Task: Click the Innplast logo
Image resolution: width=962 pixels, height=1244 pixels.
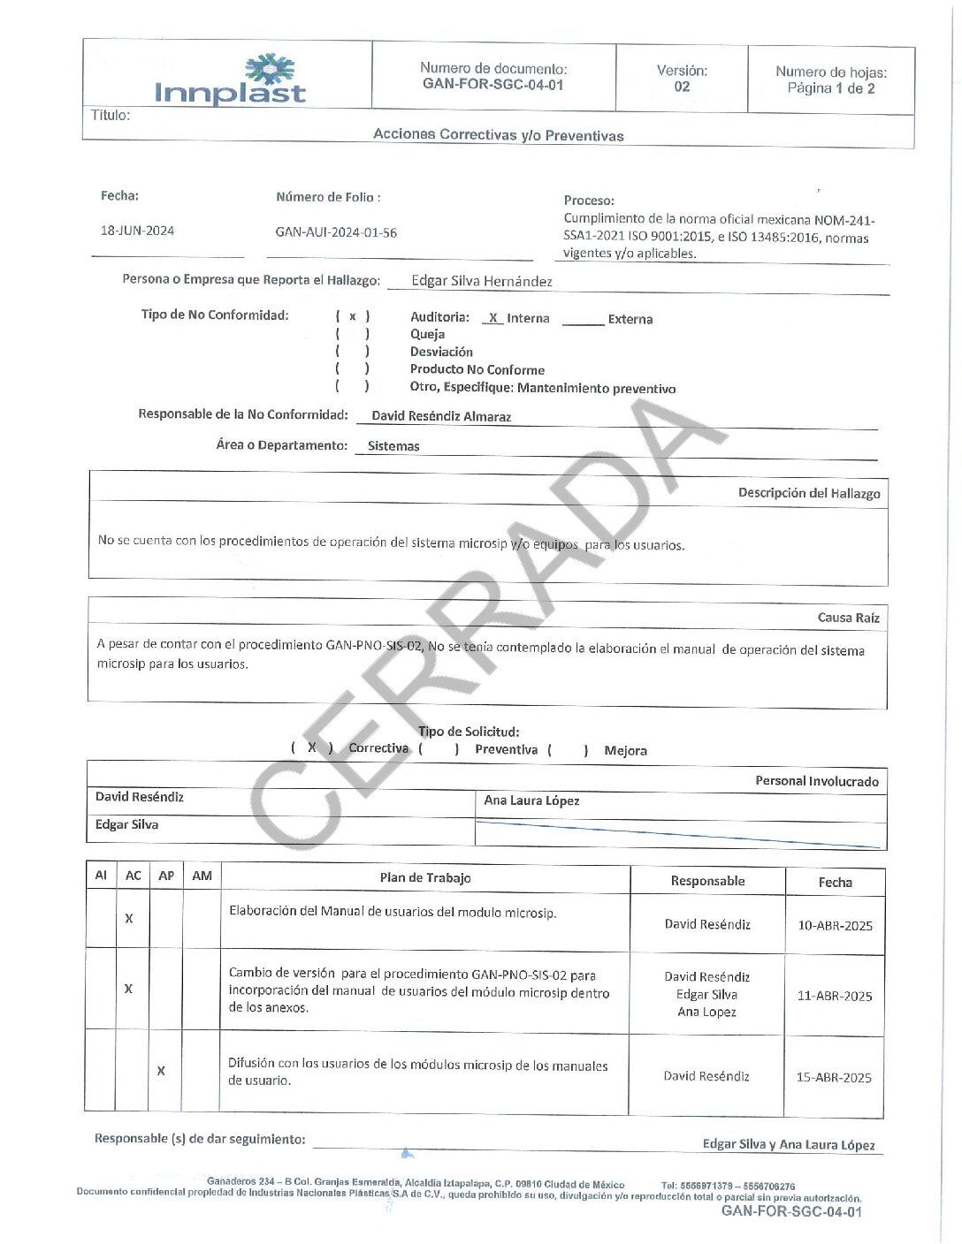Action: [x=230, y=81]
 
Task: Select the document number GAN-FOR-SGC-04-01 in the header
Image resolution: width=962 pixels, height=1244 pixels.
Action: [x=492, y=85]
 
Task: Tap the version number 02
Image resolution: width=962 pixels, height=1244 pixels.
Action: [x=682, y=87]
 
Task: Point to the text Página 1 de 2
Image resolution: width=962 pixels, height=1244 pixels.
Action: [x=831, y=88]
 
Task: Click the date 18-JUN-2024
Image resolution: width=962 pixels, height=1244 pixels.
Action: [x=137, y=231]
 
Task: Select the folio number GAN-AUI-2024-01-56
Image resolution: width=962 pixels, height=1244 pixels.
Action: [x=336, y=232]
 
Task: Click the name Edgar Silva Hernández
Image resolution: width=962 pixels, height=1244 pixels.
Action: [x=482, y=281]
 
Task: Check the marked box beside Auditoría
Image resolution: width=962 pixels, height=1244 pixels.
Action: [x=353, y=316]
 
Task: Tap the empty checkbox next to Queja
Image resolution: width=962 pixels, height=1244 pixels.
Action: [x=353, y=334]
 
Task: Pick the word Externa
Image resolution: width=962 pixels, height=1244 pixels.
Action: [x=630, y=319]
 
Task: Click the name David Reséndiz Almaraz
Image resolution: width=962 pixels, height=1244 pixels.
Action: [x=441, y=416]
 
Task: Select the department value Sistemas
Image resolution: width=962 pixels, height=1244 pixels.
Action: [x=393, y=446]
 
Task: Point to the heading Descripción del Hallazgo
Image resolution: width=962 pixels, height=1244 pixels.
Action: [x=809, y=493]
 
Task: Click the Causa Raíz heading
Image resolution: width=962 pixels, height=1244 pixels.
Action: [x=848, y=618]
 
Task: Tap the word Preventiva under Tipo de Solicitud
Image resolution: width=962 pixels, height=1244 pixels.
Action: [x=506, y=749]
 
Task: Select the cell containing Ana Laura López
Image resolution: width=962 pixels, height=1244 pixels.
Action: [x=531, y=800]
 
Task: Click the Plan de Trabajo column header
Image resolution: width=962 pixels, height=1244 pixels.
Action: [x=425, y=877]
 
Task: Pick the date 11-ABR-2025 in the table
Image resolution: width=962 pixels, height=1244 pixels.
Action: [x=835, y=996]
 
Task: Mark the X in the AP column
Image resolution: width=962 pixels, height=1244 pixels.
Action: [x=161, y=1071]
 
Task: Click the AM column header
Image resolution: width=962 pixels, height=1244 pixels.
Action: [x=202, y=876]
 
